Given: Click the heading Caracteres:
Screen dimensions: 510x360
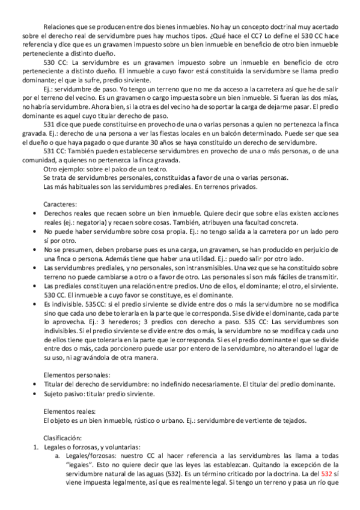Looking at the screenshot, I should [61, 204].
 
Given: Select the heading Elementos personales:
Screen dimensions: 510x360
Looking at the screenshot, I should [72, 375].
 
